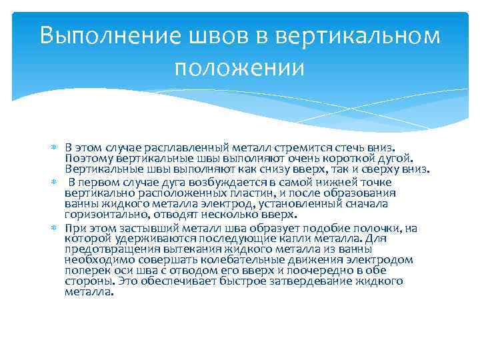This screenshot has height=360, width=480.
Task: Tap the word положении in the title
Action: [239, 67]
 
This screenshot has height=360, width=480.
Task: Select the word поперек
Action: [85, 271]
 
